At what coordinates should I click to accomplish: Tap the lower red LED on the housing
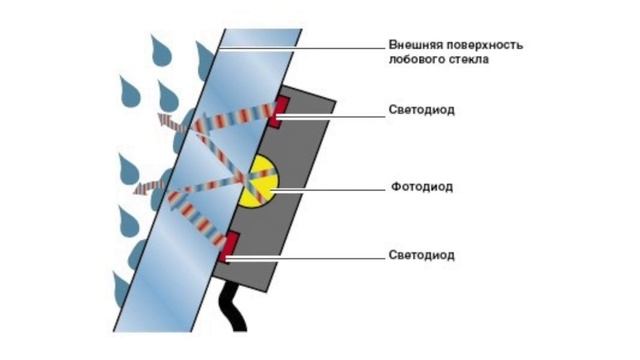click(229, 243)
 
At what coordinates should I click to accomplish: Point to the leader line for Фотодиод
click(330, 186)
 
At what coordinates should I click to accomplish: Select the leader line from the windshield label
click(300, 46)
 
